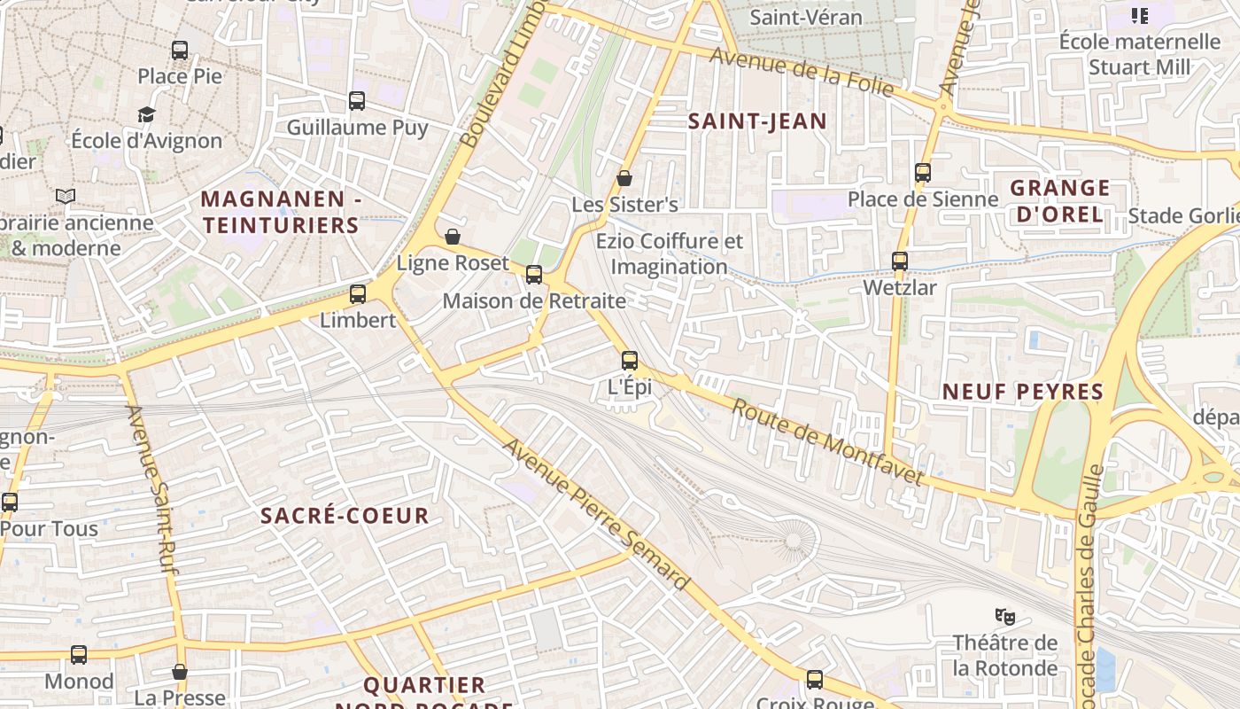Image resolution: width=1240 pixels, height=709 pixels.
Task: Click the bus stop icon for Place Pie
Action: [180, 51]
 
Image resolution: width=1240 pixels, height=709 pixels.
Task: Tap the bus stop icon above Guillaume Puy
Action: [357, 101]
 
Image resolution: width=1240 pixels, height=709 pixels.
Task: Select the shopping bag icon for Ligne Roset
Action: [453, 237]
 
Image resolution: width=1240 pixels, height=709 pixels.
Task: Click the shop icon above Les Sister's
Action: [624, 178]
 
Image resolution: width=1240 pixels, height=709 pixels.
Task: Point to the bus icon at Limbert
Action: [358, 294]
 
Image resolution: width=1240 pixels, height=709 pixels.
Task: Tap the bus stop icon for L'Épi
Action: [630, 361]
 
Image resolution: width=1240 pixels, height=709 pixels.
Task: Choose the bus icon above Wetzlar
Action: [900, 261]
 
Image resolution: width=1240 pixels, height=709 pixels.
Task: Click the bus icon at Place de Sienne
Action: [923, 173]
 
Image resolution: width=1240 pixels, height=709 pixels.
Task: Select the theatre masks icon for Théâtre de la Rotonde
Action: [1004, 615]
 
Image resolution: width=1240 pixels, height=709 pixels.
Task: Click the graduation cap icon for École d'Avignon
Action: [146, 114]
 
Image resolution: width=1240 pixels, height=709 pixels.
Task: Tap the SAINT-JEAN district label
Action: [757, 121]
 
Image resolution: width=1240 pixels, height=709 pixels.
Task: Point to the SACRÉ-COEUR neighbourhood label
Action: [345, 516]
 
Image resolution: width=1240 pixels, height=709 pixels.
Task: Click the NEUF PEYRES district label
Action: [1022, 392]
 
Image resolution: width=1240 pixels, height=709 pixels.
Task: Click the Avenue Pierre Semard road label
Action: [595, 514]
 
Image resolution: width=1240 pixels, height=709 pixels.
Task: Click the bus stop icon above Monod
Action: [79, 655]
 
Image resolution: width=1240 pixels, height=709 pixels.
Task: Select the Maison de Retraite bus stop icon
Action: [534, 275]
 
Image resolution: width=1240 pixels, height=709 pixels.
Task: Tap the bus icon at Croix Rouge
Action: [815, 680]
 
